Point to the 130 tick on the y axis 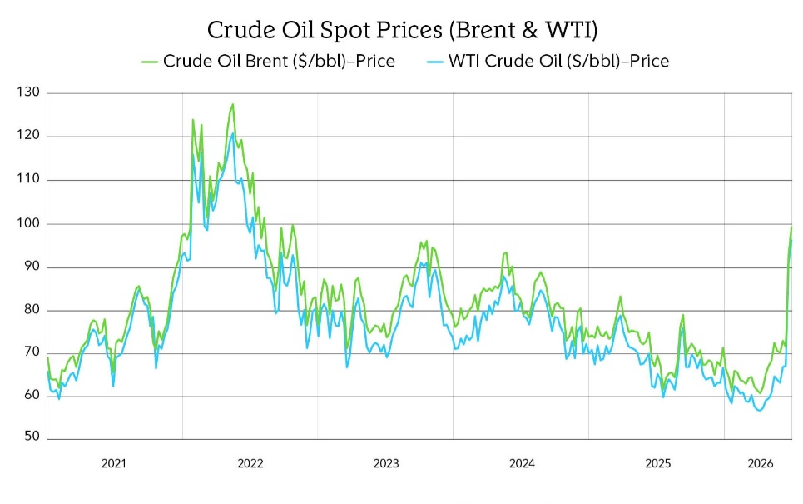28,92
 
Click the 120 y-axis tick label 28,136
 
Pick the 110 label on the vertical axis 28,179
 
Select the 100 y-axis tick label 28,223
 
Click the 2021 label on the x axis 114,463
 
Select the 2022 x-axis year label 250,463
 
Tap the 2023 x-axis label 385,463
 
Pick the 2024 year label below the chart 521,463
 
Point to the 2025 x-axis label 657,463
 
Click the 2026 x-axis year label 760,463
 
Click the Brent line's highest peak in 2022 233,104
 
